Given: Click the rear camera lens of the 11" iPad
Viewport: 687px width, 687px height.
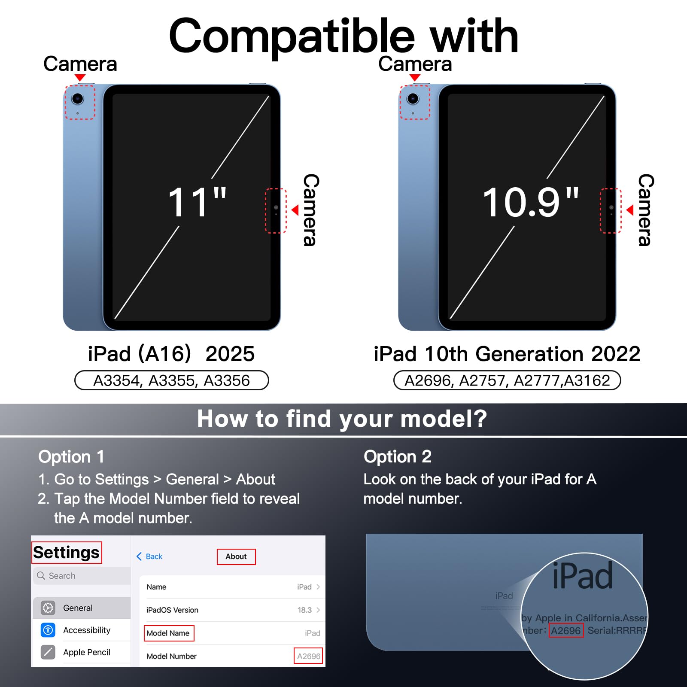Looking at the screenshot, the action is [x=78, y=99].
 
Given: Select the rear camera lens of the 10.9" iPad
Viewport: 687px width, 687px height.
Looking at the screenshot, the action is [x=413, y=99].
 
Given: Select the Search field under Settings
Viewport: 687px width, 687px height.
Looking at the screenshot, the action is [x=82, y=576].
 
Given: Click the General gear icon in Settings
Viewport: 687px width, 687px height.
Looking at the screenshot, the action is [x=48, y=608].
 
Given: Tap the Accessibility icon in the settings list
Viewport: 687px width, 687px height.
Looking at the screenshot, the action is [x=48, y=630].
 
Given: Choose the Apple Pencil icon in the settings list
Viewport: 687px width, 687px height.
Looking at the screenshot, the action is [x=48, y=652].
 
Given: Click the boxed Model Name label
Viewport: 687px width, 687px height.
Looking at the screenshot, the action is [x=169, y=633].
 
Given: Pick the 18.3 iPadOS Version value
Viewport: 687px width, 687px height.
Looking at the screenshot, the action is [x=305, y=610].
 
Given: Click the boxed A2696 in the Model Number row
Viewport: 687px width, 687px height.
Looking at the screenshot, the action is [x=308, y=656].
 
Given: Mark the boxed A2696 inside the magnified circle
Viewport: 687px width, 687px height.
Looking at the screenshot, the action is [x=566, y=631].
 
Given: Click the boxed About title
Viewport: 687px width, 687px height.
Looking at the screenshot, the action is [x=236, y=556].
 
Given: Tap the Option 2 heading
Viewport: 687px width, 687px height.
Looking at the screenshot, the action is [x=398, y=457].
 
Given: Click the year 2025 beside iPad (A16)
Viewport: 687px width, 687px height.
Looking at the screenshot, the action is [x=230, y=354].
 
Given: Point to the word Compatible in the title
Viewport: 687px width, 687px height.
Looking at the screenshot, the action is [x=292, y=37].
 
